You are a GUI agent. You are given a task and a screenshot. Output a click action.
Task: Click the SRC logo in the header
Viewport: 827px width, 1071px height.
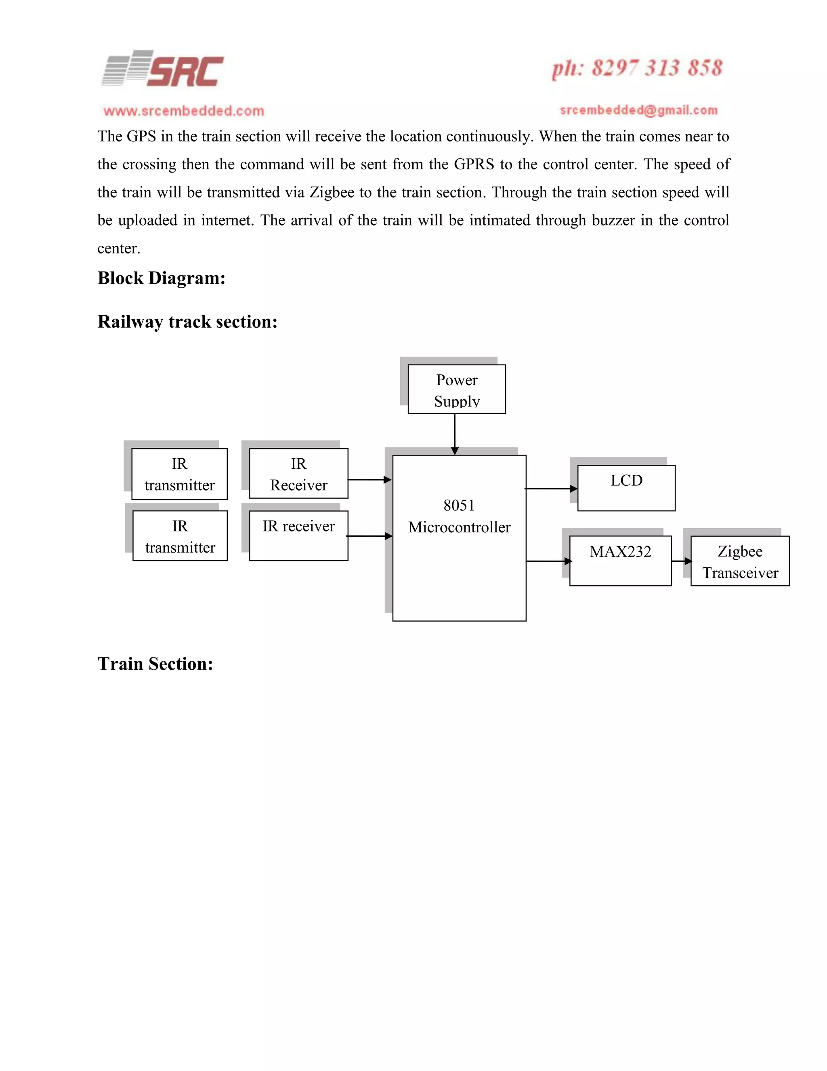tap(163, 70)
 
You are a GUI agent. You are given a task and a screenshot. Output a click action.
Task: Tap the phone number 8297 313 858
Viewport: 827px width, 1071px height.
tap(637, 69)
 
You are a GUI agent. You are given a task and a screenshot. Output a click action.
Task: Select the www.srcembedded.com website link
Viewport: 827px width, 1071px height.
tap(184, 111)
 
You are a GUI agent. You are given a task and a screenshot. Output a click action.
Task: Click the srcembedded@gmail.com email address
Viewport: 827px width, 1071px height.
tap(638, 110)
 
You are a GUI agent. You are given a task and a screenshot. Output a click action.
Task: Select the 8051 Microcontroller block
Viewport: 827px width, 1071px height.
tap(459, 538)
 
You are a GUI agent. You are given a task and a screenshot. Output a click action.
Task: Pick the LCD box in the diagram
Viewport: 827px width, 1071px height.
tap(626, 488)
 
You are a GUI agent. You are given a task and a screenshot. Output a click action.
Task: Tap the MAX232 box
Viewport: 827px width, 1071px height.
tap(620, 561)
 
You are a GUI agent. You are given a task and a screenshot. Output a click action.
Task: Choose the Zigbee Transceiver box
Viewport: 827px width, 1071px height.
tap(740, 561)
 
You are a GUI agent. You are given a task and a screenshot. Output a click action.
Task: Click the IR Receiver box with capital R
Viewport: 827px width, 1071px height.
tap(298, 474)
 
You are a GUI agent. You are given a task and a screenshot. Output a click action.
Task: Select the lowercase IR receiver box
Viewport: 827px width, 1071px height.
tap(298, 535)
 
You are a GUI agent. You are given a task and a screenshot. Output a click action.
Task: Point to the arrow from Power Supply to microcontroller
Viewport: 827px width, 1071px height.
tap(455, 434)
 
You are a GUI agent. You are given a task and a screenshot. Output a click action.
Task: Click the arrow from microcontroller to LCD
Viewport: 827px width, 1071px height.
tap(551, 489)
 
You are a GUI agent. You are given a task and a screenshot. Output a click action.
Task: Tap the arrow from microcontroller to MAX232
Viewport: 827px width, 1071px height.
tap(548, 561)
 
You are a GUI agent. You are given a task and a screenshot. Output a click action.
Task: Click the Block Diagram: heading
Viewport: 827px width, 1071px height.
tap(161, 278)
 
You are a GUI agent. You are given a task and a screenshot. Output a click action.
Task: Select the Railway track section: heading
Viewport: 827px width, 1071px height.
tap(187, 322)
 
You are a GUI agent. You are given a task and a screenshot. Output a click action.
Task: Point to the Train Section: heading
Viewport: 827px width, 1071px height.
tap(155, 664)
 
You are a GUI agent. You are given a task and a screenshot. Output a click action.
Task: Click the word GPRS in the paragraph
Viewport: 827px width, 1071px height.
tap(473, 164)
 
